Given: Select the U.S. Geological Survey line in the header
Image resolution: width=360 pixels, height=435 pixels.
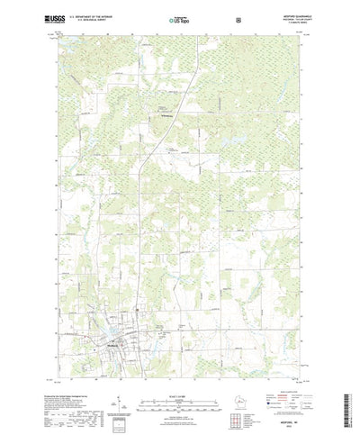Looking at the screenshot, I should click(97, 20).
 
